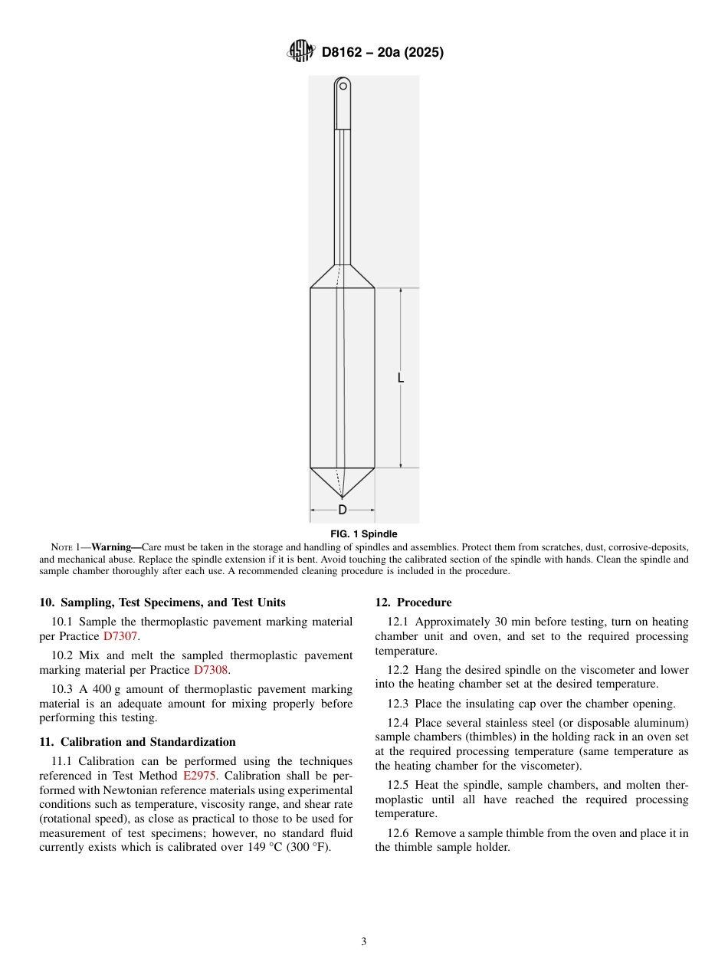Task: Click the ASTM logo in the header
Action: point(300,52)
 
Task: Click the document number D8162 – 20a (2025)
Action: point(382,53)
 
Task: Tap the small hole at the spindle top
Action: point(343,87)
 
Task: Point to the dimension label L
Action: point(401,378)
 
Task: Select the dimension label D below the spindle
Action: point(343,510)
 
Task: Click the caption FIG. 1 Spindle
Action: point(363,533)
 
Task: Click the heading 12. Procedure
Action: point(413,602)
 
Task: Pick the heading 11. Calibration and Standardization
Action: point(137,741)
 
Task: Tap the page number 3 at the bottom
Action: point(363,942)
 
